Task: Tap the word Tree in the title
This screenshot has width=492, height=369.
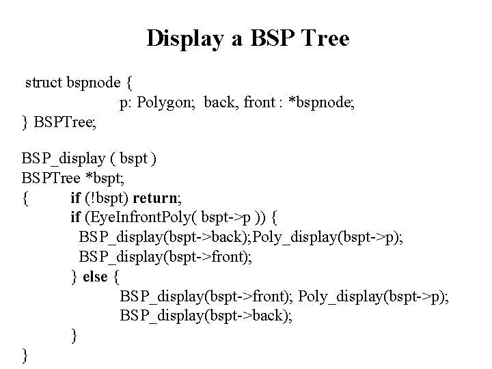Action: pos(323,38)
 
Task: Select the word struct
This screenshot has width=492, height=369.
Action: pos(43,83)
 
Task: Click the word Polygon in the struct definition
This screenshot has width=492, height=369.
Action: pos(167,103)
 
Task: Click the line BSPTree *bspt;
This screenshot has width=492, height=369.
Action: pos(68,179)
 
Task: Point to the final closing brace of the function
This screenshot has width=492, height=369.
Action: pos(25,355)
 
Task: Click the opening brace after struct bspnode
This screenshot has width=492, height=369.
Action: pos(129,83)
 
